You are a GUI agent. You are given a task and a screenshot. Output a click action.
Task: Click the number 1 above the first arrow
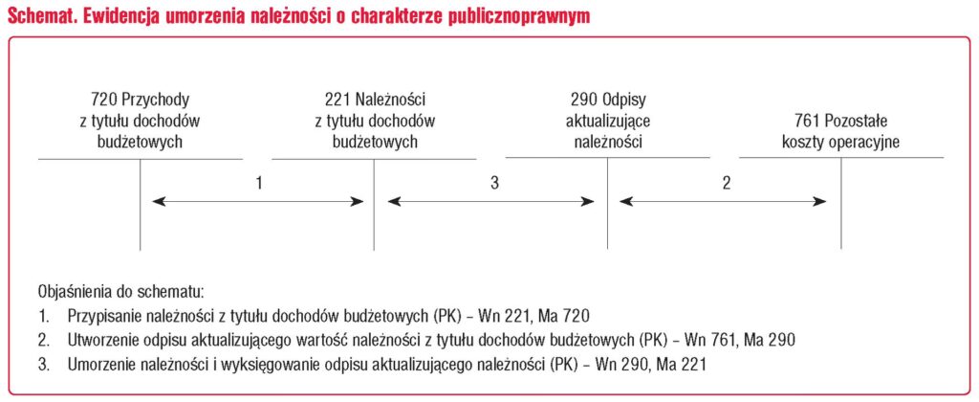258,183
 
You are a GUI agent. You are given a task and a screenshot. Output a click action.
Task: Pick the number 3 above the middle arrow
494,183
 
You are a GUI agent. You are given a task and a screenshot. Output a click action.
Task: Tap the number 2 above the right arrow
726,183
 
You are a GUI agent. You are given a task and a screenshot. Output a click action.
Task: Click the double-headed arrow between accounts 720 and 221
258,202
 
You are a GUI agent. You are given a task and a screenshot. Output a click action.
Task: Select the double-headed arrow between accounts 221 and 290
491,202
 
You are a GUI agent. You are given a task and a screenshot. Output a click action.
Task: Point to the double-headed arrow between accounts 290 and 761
724,202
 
